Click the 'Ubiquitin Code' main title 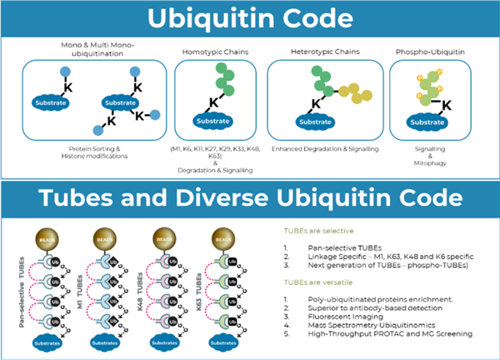[x=250, y=18]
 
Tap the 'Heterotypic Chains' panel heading [x=326, y=52]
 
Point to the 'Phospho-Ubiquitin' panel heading [x=433, y=52]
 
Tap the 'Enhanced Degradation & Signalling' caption [x=326, y=149]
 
